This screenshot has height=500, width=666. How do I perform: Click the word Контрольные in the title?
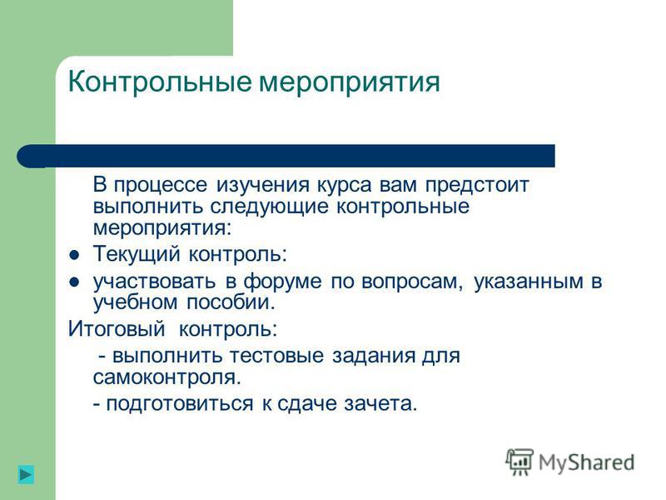click(160, 81)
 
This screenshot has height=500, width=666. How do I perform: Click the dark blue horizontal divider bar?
click(286, 156)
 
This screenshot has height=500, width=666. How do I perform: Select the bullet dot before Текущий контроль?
click(74, 255)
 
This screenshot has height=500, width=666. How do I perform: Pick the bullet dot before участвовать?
click(74, 282)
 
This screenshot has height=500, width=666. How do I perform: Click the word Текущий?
click(137, 254)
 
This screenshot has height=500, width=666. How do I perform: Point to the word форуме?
click(282, 282)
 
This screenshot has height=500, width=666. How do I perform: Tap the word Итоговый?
click(117, 329)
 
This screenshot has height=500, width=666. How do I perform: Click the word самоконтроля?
click(167, 377)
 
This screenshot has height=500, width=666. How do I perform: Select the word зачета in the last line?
click(380, 404)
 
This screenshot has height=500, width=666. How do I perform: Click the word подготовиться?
click(180, 404)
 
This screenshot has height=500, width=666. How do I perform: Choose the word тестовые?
click(276, 356)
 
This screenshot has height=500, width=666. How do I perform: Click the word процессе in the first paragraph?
click(161, 185)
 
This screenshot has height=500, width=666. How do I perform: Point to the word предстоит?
click(477, 185)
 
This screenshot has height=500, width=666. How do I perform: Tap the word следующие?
click(270, 207)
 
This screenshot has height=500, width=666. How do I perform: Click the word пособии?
click(231, 302)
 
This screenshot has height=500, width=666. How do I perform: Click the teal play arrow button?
click(26, 474)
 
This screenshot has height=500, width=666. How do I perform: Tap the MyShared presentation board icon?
click(519, 462)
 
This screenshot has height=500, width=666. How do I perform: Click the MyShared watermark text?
click(586, 462)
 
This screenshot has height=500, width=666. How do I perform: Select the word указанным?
click(529, 282)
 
